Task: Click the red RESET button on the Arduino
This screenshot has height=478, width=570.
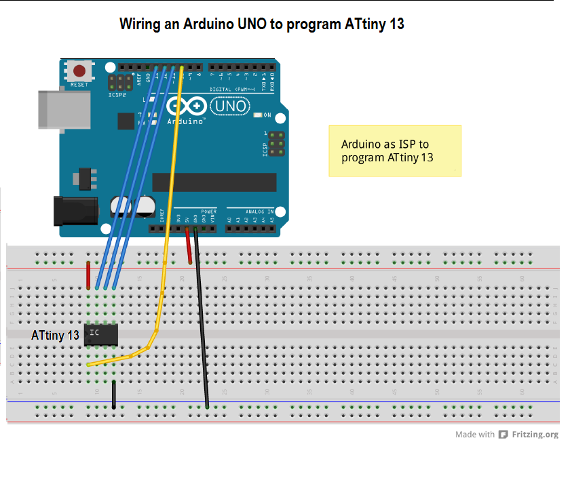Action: click(x=79, y=71)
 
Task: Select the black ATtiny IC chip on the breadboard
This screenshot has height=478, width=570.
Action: click(x=101, y=334)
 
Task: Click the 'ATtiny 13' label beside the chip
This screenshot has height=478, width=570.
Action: click(x=55, y=336)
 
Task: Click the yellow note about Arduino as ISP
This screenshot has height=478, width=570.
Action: click(x=394, y=151)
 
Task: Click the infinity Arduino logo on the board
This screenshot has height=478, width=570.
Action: click(x=185, y=106)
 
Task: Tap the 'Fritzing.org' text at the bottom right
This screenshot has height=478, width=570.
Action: click(x=535, y=435)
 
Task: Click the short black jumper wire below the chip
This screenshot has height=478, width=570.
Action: click(x=113, y=395)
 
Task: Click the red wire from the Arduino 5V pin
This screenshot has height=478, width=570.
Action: click(x=189, y=247)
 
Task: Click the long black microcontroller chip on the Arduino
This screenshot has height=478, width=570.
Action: click(x=214, y=182)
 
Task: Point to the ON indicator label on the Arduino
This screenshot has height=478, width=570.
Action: click(x=267, y=115)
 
